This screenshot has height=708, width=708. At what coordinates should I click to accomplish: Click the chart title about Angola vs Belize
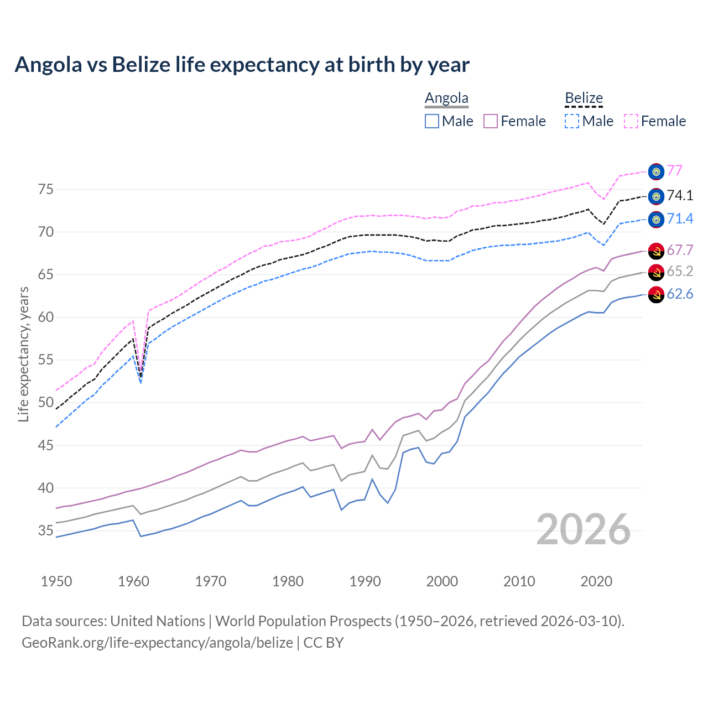(x=242, y=65)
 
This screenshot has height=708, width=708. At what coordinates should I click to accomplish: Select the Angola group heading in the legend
(x=446, y=98)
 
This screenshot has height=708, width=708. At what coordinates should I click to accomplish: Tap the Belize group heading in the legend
(x=584, y=98)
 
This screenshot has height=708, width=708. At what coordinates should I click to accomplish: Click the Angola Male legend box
(x=432, y=121)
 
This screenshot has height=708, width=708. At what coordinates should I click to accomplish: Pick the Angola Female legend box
(x=491, y=121)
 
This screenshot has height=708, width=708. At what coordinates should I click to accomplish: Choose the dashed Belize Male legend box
(x=572, y=121)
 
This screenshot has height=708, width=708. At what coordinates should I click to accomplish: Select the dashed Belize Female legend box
(x=631, y=121)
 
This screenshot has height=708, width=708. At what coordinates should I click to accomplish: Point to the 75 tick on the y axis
(x=46, y=189)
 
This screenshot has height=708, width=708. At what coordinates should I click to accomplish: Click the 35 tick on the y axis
(x=46, y=531)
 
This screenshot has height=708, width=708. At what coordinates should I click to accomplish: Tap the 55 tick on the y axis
(x=46, y=360)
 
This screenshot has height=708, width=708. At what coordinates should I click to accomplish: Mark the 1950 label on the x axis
(x=56, y=581)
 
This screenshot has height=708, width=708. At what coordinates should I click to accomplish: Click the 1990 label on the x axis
(x=365, y=581)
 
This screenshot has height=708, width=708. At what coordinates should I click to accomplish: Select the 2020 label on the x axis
(x=596, y=581)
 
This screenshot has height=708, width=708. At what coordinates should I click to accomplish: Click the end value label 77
(x=674, y=170)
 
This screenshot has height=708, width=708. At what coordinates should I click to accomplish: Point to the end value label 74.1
(x=680, y=195)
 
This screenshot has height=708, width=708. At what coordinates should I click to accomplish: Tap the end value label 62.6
(x=680, y=294)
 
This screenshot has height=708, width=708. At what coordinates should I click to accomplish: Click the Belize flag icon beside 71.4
(x=656, y=220)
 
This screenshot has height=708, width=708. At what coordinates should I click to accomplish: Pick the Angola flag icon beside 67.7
(x=656, y=251)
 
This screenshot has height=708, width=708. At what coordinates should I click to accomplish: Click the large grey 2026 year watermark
(x=583, y=529)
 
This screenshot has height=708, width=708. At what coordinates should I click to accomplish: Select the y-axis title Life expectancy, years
(x=24, y=354)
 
